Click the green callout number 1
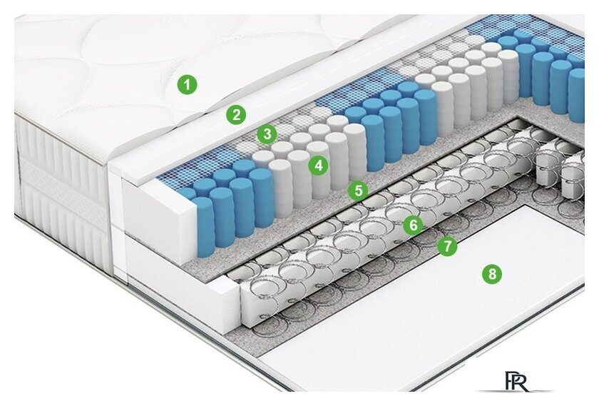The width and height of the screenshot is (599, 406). [187, 84]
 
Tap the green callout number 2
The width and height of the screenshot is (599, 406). [236, 115]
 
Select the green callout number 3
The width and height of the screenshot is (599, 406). [267, 134]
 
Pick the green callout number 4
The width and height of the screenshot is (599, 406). [319, 166]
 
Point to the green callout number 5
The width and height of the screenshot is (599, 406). [358, 191]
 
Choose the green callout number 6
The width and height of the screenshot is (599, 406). [414, 225]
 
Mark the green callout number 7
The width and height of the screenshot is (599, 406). [447, 246]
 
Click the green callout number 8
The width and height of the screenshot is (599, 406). [492, 274]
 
